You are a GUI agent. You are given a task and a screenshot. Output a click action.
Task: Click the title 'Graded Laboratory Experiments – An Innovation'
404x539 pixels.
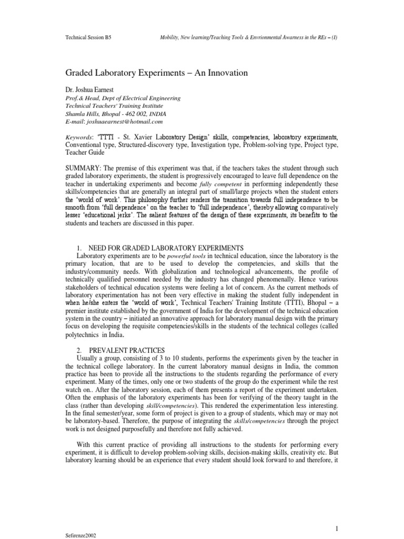coord(156,73)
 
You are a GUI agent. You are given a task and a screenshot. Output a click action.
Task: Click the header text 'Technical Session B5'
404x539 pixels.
coord(88,38)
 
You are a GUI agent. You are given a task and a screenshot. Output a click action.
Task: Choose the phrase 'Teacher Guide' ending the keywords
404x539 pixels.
coord(86,152)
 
